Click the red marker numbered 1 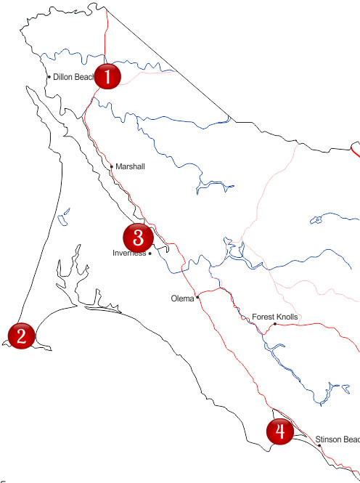point(107,76)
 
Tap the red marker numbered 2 point(21,335)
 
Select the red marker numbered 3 point(137,237)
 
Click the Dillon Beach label point(73,77)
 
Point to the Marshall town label point(130,167)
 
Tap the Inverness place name point(129,253)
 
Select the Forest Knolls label point(275,317)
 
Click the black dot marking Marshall point(111,166)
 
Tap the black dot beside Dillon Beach point(49,77)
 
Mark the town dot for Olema point(197,298)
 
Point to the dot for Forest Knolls point(274,324)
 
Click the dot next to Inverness point(150,253)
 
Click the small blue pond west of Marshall point(65,215)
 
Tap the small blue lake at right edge point(317,218)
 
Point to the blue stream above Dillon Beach point(65,55)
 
